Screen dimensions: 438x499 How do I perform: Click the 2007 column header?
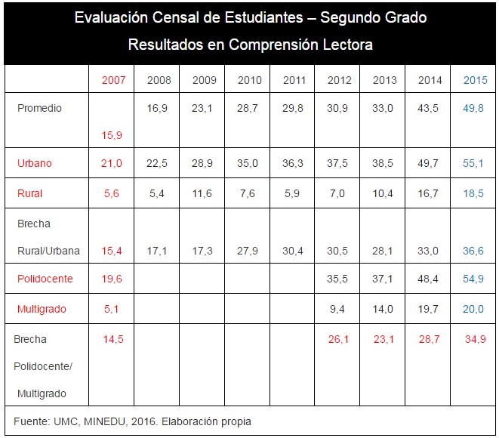pos(113,80)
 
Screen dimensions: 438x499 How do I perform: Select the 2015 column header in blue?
pos(475,80)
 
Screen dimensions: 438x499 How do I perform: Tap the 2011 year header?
pos(294,80)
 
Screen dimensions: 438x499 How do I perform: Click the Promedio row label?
pos(39,108)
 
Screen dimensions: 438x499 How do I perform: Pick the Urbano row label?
pos(34,163)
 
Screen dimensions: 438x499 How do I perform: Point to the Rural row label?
pos(29,193)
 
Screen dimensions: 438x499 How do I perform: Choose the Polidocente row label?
pos(45,279)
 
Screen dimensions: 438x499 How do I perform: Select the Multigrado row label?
pos(42,309)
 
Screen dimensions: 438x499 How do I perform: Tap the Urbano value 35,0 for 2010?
pos(249,163)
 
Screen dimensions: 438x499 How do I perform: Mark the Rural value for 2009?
pos(204,193)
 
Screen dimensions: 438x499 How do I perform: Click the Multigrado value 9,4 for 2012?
pos(339,309)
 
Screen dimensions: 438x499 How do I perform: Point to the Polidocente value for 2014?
pos(429,279)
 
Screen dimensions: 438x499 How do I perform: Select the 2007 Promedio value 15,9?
pos(112,135)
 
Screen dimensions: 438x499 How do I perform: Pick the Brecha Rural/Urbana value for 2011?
pos(294,251)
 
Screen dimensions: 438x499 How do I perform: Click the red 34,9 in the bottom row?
pos(475,339)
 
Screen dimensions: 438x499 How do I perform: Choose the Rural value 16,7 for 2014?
pos(429,193)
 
